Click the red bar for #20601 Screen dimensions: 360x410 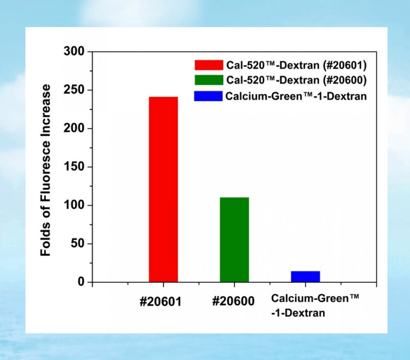point(163,189)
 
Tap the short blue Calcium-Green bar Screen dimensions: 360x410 point(305,276)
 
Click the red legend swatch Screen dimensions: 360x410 point(208,65)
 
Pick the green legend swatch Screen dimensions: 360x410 point(208,80)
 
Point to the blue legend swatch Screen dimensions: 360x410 point(208,96)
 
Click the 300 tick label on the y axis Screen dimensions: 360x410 point(74,51)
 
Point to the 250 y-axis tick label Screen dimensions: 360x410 point(74,90)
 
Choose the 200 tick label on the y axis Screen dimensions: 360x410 point(74,128)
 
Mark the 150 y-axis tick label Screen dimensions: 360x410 point(74,167)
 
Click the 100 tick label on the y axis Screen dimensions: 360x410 point(74,205)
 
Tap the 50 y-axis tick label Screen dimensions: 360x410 point(77,244)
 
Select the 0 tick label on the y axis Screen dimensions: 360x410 point(81,282)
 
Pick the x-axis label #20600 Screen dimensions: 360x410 point(233,301)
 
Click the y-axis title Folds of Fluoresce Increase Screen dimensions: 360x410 point(46,170)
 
